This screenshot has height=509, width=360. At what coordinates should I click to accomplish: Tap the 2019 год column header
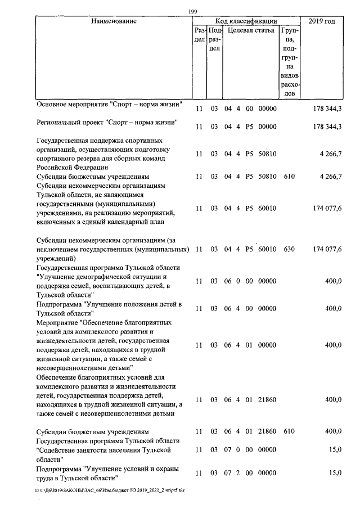tap(322, 21)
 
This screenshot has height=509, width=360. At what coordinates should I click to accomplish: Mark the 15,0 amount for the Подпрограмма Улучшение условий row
tap(335, 473)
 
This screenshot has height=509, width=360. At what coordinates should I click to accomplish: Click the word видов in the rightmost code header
tap(289, 75)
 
